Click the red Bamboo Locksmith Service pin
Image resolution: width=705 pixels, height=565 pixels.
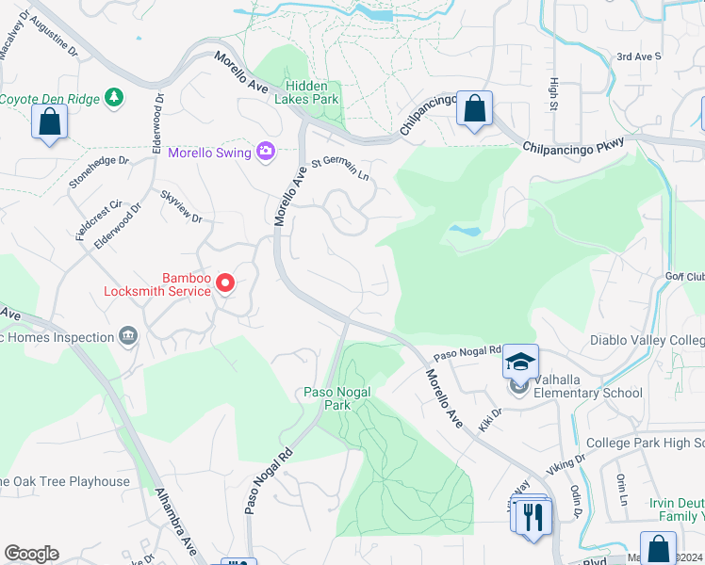(225, 282)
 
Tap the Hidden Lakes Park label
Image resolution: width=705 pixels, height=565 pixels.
(306, 90)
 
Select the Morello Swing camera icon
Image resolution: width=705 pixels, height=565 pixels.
(265, 152)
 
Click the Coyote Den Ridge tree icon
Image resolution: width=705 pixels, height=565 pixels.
(114, 97)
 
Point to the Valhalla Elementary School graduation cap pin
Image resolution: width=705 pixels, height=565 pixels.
(519, 363)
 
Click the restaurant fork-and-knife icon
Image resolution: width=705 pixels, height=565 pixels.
(534, 515)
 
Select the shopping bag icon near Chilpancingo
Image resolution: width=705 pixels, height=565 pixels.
(475, 108)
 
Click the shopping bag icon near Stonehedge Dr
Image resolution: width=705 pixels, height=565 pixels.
(48, 122)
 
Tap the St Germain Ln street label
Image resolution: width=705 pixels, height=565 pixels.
(340, 169)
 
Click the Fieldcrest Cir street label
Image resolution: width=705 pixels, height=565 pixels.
(101, 220)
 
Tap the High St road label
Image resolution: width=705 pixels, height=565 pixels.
(553, 91)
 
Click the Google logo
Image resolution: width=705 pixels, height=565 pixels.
(31, 554)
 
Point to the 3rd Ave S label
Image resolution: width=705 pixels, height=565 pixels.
(639, 56)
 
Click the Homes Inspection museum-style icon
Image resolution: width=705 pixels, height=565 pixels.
(128, 336)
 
